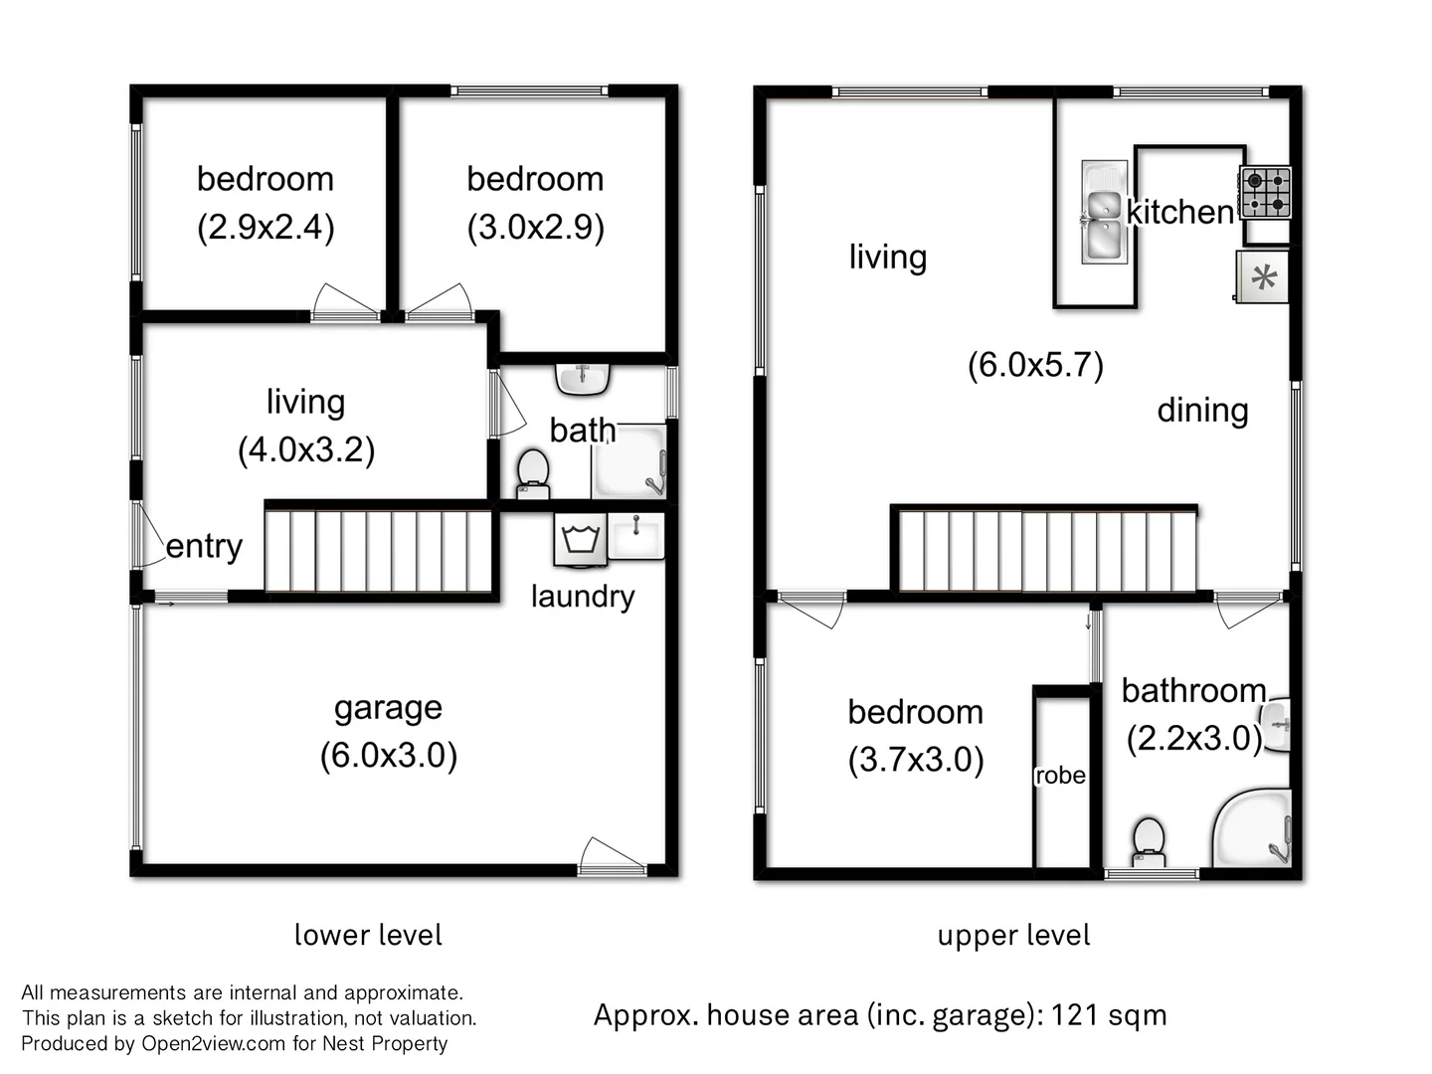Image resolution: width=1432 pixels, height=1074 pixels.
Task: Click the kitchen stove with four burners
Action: (1266, 193)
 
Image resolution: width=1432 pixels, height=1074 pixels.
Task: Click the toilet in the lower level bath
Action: (534, 472)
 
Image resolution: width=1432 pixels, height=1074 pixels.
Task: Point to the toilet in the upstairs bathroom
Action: (1149, 841)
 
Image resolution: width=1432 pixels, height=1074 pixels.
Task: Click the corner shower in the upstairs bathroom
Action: (1252, 829)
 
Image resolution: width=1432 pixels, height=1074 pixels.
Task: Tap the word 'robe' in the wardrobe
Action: (1060, 776)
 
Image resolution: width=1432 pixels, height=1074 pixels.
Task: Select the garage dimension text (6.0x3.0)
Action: (389, 756)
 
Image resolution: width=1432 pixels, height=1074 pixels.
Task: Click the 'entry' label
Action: (204, 546)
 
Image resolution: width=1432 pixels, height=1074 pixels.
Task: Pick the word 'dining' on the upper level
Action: (1202, 410)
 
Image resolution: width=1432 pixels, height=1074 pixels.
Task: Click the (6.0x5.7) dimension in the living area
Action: (1035, 365)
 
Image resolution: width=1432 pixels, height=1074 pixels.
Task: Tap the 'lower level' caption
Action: (368, 935)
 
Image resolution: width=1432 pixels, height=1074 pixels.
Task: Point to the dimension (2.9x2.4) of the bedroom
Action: (266, 228)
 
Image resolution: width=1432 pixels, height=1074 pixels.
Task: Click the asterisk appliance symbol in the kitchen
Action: (1263, 276)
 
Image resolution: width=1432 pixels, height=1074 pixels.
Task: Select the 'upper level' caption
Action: (1013, 935)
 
